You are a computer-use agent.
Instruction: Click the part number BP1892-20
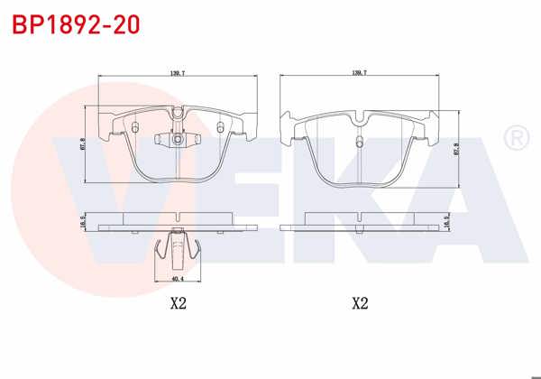pos(76,24)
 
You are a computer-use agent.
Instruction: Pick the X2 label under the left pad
pos(178,303)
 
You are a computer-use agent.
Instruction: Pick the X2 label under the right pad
pos(360,303)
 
